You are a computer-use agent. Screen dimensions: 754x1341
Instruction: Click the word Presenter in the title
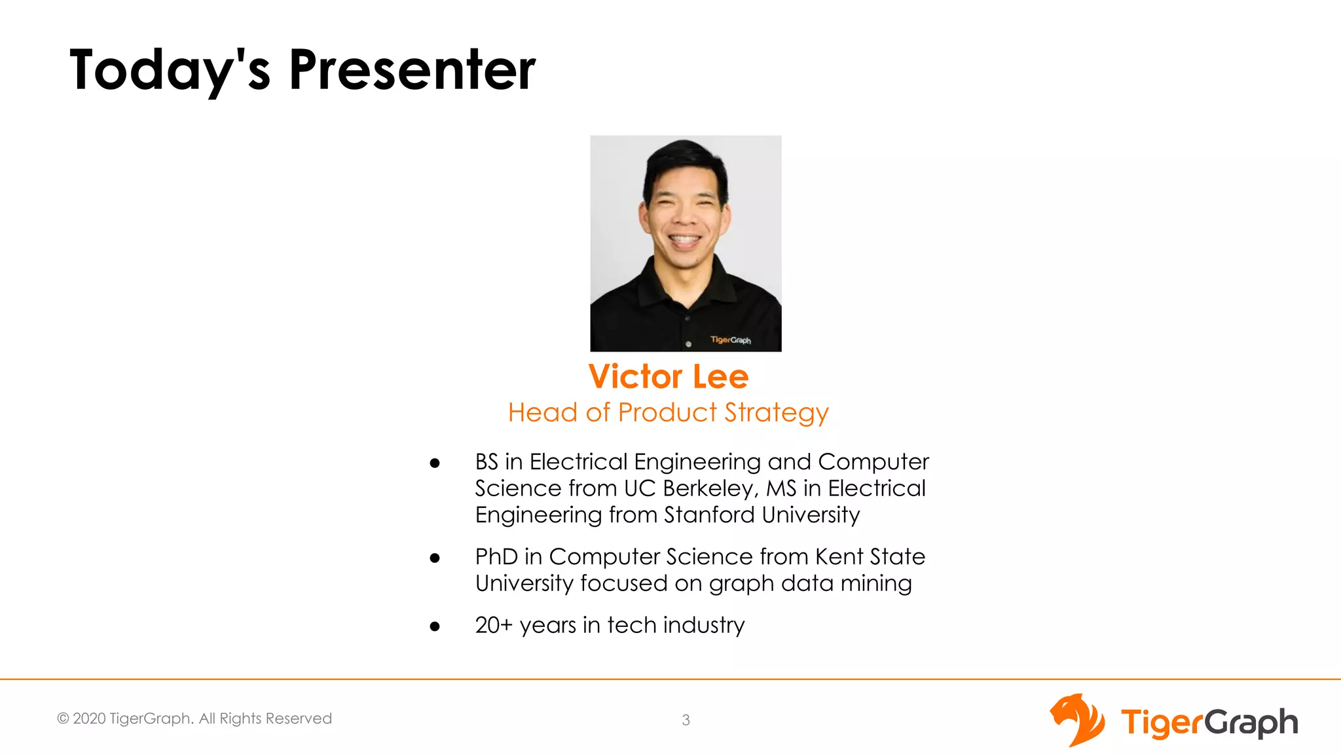412,69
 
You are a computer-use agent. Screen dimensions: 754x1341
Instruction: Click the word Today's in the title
170,69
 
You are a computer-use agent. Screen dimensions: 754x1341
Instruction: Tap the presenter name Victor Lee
668,376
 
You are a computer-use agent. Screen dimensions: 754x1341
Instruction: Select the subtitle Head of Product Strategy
668,412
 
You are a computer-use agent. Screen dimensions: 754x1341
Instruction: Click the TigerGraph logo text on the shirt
731,340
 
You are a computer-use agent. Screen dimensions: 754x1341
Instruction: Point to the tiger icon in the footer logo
1076,720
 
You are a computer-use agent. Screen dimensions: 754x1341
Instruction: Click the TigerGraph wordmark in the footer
1209,723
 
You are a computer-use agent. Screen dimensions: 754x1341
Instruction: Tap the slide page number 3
686,720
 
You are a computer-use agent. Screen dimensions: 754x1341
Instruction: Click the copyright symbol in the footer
63,719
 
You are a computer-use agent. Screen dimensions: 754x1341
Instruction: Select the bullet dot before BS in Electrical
435,463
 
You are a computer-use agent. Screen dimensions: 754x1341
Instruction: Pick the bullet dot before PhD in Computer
435,558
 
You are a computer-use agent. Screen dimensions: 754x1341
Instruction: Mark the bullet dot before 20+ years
435,626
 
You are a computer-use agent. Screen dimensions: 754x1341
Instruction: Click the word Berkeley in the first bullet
710,488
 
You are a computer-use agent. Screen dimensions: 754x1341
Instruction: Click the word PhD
496,556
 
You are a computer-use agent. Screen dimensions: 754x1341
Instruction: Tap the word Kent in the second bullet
839,556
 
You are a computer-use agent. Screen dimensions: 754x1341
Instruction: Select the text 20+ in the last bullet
494,625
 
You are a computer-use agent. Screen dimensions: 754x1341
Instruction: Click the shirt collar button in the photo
688,318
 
